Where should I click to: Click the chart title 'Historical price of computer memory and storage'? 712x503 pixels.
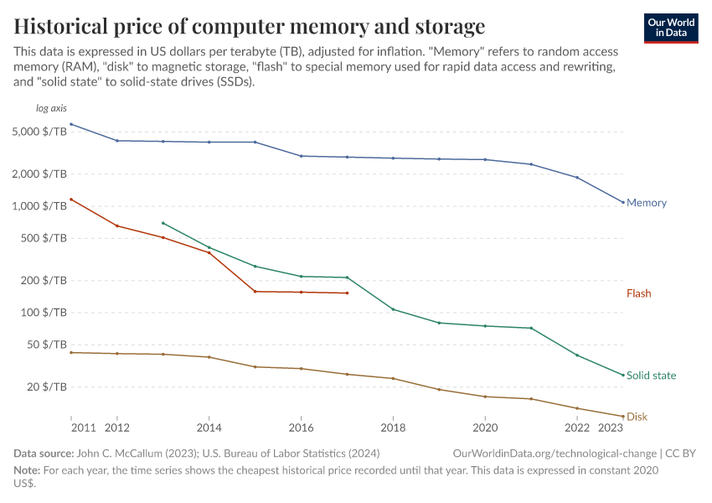(x=249, y=24)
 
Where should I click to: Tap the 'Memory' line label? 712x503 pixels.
(x=646, y=203)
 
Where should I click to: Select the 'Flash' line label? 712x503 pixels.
(x=638, y=293)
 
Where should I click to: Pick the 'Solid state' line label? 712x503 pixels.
(x=651, y=376)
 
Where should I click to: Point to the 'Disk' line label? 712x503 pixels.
(x=637, y=417)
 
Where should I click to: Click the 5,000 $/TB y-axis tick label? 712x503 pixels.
(x=41, y=132)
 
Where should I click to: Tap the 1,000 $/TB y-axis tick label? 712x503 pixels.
(x=41, y=206)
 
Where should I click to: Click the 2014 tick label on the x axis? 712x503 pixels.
(x=209, y=428)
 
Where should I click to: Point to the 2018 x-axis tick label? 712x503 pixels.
(x=393, y=428)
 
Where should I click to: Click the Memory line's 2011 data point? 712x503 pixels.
(x=71, y=124)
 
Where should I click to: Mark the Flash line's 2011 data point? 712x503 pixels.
(x=71, y=200)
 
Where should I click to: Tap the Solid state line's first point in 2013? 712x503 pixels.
(x=163, y=223)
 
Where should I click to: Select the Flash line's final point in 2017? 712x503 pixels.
(x=347, y=293)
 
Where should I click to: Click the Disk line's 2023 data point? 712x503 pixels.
(x=623, y=417)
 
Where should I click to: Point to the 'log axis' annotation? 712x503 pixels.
(x=50, y=109)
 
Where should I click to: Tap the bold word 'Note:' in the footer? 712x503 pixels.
(x=28, y=470)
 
